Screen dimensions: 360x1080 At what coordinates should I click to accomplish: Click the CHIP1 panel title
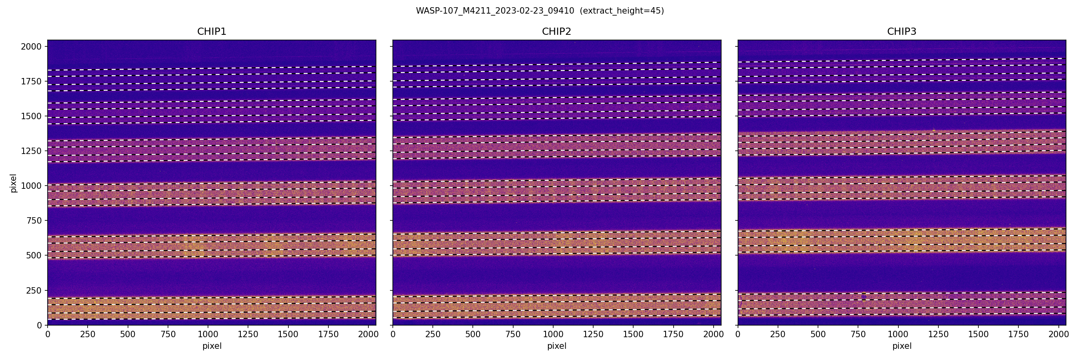(212, 32)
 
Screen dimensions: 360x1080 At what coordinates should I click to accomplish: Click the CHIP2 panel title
(556, 32)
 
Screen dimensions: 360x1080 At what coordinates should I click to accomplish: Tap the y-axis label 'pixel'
(14, 183)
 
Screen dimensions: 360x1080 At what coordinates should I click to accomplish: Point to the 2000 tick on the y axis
(32, 46)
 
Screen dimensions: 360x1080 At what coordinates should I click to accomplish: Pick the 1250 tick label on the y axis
(32, 151)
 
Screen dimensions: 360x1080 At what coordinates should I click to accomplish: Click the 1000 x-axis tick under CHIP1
(208, 334)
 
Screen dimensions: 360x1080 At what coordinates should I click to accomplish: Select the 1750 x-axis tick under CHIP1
(328, 334)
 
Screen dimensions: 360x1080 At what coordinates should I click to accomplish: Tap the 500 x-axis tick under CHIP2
(473, 334)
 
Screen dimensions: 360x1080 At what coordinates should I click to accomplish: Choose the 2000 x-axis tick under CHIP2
(713, 334)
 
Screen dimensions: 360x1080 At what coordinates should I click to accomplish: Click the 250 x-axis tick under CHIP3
(778, 334)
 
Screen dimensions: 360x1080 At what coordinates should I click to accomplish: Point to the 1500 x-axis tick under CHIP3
(978, 334)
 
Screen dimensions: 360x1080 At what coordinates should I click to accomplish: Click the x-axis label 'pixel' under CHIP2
(556, 346)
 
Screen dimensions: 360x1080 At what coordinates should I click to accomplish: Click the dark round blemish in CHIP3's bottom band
(864, 297)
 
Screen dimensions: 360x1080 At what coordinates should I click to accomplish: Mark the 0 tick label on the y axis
(40, 325)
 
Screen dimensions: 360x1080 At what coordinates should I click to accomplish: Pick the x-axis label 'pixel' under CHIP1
(212, 346)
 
